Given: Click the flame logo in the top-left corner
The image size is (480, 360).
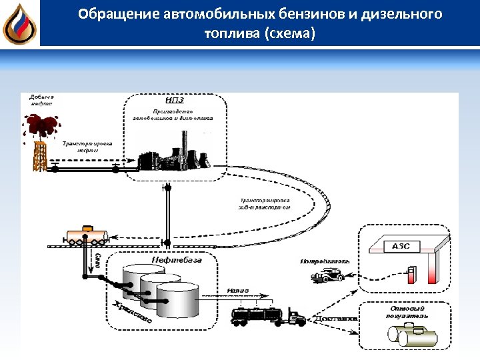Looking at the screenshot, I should (19, 24).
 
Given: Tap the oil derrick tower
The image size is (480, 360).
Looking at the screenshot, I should (41, 153).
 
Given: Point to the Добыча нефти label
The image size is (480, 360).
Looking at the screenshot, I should (41, 101).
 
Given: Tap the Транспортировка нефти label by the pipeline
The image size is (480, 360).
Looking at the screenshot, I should (87, 147).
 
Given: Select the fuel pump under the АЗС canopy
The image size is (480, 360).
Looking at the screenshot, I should (412, 274).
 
